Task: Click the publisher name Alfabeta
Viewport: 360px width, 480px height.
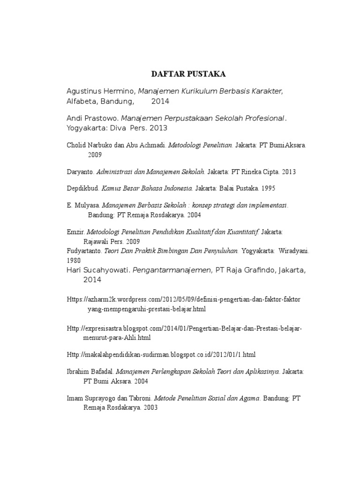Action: (x=81, y=101)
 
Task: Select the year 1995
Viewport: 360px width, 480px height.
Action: (x=268, y=188)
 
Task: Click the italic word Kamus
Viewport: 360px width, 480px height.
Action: (x=111, y=188)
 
